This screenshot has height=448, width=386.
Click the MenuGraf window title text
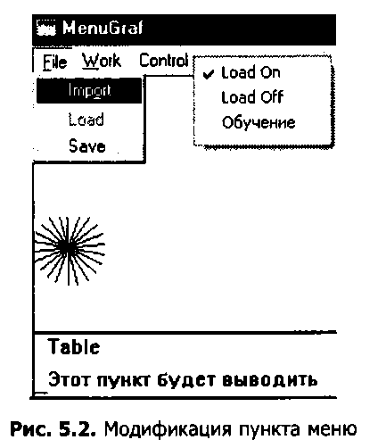pyautogui.click(x=103, y=29)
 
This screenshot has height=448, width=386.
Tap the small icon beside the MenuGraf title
pyautogui.click(x=45, y=28)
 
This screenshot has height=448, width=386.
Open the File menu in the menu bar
pyautogui.click(x=54, y=62)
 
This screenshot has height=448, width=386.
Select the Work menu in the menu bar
pyautogui.click(x=102, y=61)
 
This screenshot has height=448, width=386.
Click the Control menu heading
pyautogui.click(x=164, y=61)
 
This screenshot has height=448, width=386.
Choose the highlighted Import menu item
pyautogui.click(x=89, y=90)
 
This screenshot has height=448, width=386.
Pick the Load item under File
pyautogui.click(x=86, y=120)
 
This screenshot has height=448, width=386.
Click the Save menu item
pyautogui.click(x=87, y=146)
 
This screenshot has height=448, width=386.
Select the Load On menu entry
pyautogui.click(x=250, y=72)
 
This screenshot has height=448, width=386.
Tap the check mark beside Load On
pyautogui.click(x=209, y=74)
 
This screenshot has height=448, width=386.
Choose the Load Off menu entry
pyautogui.click(x=252, y=97)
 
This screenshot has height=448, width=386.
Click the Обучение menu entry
pyautogui.click(x=259, y=122)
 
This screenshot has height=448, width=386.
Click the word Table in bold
pyautogui.click(x=74, y=347)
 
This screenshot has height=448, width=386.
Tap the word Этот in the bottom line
pyautogui.click(x=69, y=379)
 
